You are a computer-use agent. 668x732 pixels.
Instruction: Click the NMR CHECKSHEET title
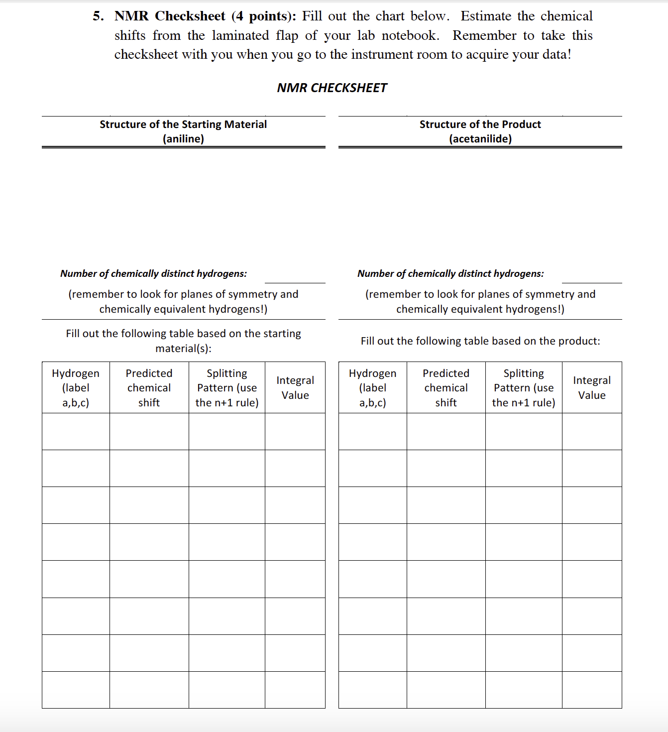(x=332, y=88)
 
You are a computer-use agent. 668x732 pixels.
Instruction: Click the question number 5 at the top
(x=98, y=16)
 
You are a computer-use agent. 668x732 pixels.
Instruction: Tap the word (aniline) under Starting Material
(x=183, y=139)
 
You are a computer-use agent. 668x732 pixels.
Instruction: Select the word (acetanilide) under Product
(x=480, y=139)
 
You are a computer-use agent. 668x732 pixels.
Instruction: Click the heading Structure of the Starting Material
(x=183, y=124)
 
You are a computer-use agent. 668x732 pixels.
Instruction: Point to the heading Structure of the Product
(x=480, y=124)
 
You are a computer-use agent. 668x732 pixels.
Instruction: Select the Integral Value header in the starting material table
(x=295, y=387)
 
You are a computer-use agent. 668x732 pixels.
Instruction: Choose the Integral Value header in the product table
(x=592, y=387)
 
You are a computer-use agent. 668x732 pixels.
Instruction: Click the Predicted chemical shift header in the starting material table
(x=149, y=387)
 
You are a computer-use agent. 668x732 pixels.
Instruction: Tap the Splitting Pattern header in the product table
(x=524, y=387)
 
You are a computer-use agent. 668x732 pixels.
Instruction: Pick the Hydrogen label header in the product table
(x=372, y=387)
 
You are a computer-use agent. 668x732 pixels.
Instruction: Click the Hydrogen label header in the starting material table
(x=76, y=387)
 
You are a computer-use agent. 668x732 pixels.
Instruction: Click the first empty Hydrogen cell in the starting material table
(x=76, y=431)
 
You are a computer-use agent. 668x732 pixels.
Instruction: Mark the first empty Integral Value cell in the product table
(x=592, y=431)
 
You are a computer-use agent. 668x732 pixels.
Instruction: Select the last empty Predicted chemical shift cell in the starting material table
(x=149, y=690)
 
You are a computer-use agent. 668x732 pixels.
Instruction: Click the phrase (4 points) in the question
(x=263, y=16)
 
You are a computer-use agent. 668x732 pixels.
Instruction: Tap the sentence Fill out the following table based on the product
(x=480, y=341)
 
